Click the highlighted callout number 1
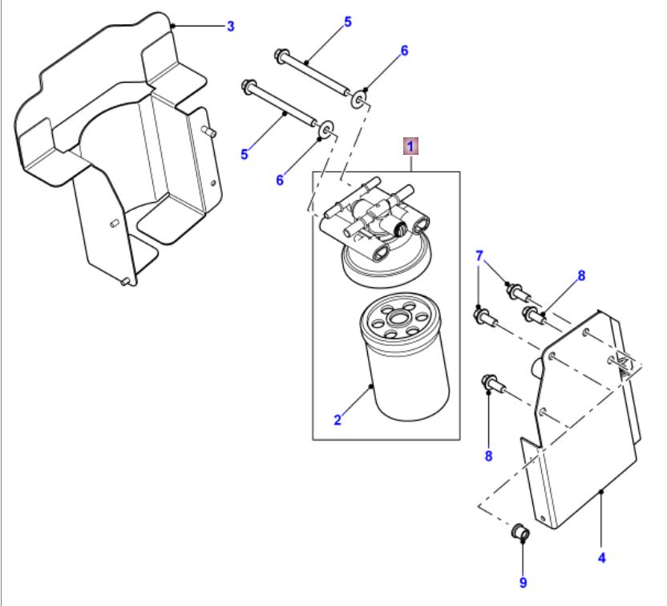click(410, 146)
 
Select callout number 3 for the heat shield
click(230, 26)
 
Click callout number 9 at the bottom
click(523, 581)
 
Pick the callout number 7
click(479, 256)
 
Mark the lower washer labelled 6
click(326, 129)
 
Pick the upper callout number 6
click(404, 51)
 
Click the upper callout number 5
click(347, 22)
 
